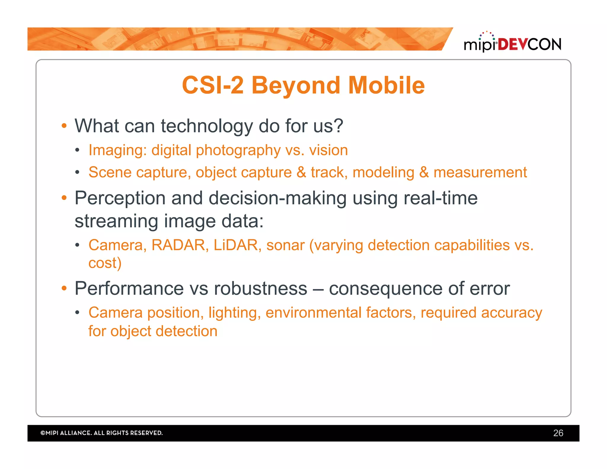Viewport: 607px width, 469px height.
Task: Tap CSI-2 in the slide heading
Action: [x=213, y=85]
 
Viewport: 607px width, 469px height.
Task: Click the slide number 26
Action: [x=558, y=433]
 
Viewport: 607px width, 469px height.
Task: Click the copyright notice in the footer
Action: [x=102, y=433]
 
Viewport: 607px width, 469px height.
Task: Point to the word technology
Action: [x=207, y=126]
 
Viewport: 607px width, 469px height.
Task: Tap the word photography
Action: [x=238, y=150]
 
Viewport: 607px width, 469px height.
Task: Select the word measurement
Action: [x=480, y=173]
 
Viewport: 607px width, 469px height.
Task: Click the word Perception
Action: [x=120, y=198]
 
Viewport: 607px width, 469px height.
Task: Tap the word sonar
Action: [x=285, y=245]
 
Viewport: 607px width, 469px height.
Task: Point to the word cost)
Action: [x=105, y=263]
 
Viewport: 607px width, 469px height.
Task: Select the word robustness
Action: [x=260, y=288]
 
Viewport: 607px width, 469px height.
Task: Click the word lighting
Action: [x=234, y=313]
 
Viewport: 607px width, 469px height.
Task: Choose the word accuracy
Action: [x=511, y=313]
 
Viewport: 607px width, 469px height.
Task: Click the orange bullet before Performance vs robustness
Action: [x=64, y=288]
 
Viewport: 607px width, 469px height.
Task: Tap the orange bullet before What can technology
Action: [x=64, y=126]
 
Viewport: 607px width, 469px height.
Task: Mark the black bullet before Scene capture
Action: [x=77, y=172]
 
